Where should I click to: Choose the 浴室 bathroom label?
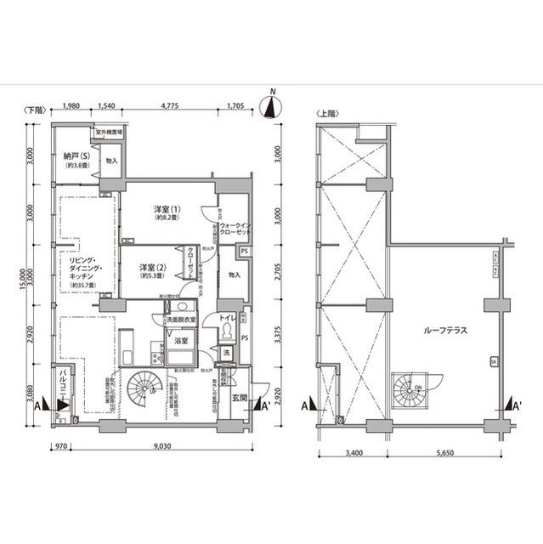(180, 340)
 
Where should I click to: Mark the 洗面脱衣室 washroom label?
(180, 319)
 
